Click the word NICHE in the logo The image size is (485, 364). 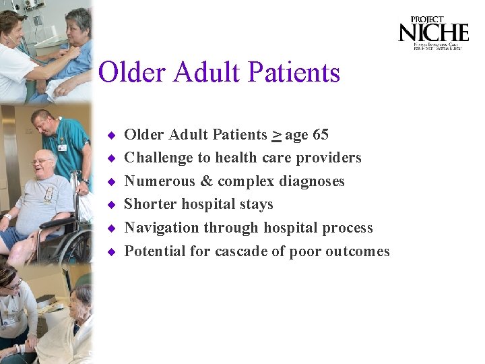point(432,32)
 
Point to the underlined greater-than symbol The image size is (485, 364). point(276,135)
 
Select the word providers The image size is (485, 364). point(329,158)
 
